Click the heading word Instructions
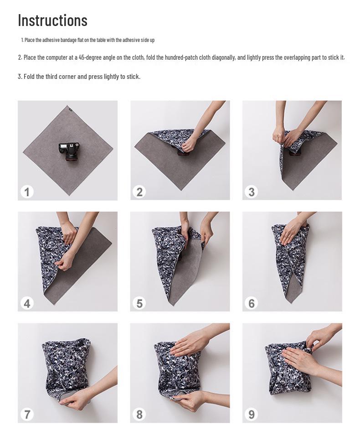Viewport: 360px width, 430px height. click(52, 20)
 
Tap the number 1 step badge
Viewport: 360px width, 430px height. click(27, 192)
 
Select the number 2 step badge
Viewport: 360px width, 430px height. click(139, 192)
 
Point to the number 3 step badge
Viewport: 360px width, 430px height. click(252, 192)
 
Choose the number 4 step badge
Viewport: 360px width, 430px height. click(27, 303)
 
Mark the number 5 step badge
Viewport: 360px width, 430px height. click(139, 303)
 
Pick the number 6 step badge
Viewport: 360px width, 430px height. click(252, 303)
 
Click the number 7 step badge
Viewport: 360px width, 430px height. click(27, 414)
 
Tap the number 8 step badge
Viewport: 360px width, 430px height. click(139, 414)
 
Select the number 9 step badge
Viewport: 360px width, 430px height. click(252, 414)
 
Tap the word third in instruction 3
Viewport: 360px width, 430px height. click(51, 77)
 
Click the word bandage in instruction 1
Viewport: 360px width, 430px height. click(68, 40)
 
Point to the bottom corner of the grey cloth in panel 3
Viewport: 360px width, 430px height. click(292, 190)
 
